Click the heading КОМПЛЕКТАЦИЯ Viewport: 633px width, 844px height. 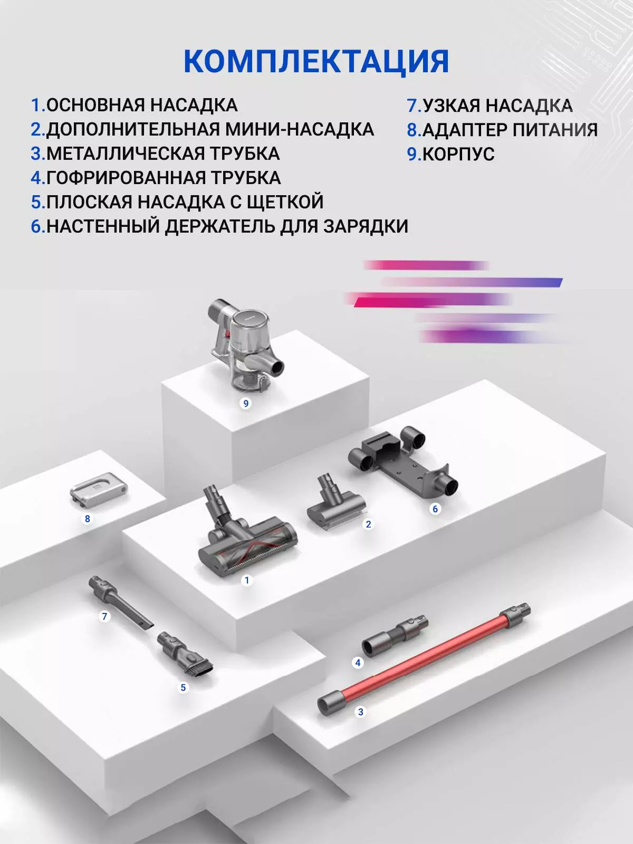(x=316, y=62)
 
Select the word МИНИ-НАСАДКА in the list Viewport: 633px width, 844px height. (x=300, y=130)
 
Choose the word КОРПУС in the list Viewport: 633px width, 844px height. (x=458, y=154)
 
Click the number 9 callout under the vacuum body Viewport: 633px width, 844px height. (x=246, y=404)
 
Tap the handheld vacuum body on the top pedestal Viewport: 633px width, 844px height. (x=246, y=346)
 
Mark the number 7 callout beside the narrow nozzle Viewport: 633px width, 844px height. (x=104, y=616)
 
